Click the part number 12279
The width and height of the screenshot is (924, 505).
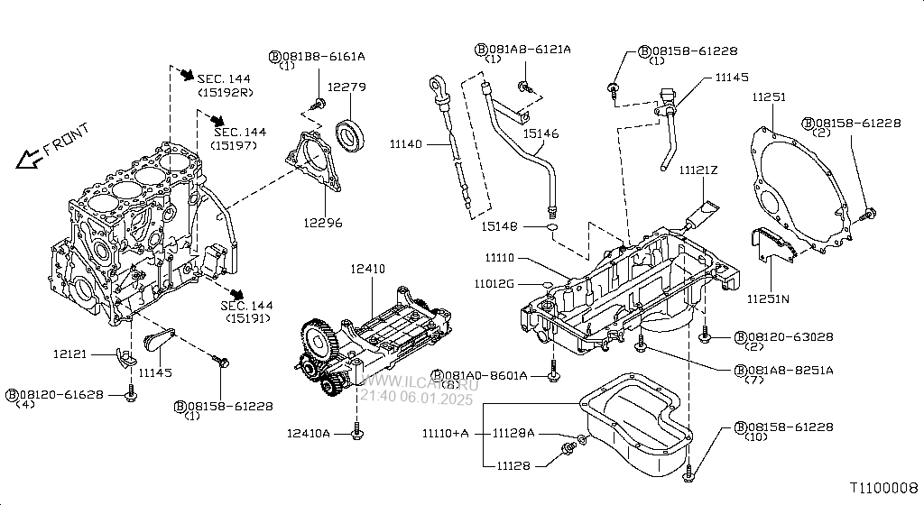(x=346, y=87)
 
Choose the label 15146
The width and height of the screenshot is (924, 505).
(x=541, y=133)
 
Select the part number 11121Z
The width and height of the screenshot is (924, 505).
(x=698, y=170)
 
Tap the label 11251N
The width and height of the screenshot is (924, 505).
(x=769, y=298)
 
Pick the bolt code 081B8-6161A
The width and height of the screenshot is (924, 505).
(x=322, y=56)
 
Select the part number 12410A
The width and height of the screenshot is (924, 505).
(x=309, y=434)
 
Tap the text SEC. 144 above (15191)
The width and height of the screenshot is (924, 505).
(x=247, y=306)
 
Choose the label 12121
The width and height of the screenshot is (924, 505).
(x=69, y=353)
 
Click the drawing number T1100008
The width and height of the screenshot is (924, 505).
(x=883, y=487)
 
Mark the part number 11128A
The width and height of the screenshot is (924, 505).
(x=513, y=434)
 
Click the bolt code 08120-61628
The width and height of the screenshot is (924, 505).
(x=60, y=395)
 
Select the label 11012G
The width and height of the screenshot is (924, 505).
(x=494, y=283)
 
